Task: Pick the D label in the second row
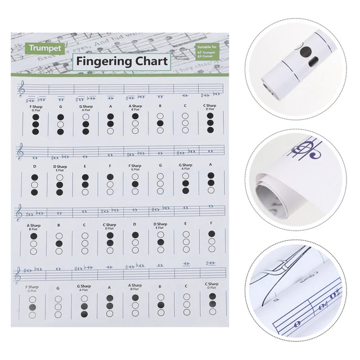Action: (34, 166)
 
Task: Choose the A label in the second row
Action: (211, 165)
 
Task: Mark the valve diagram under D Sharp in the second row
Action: (60, 184)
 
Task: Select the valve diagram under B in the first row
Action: (160, 123)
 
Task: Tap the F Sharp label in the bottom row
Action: (34, 287)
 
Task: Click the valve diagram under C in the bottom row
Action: (186, 305)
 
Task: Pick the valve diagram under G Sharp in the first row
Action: (85, 123)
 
